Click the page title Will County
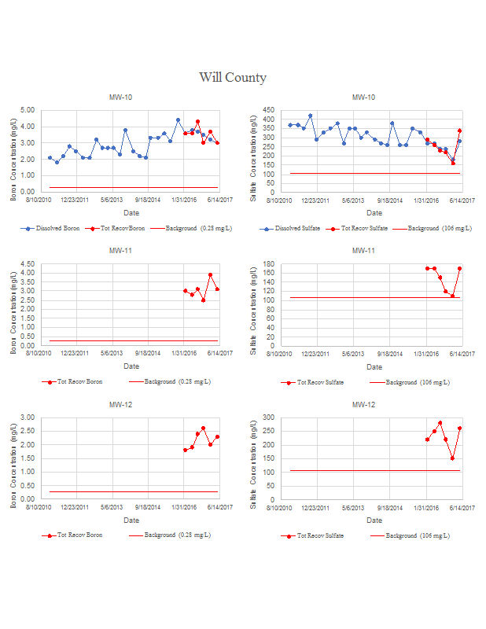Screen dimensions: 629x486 point(233,77)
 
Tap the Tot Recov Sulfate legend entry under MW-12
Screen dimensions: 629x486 point(319,535)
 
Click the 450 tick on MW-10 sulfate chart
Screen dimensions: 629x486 point(267,110)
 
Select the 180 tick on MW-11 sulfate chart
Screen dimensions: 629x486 point(267,263)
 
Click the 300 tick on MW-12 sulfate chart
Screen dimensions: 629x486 point(267,417)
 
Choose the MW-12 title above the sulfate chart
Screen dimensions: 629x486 point(363,404)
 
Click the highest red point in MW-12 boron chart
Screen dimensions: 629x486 point(203,429)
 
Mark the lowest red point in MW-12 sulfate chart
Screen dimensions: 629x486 point(452,458)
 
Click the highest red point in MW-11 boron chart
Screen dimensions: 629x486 point(210,274)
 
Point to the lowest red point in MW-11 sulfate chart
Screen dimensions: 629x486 point(452,296)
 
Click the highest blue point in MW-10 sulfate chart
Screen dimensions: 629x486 point(310,116)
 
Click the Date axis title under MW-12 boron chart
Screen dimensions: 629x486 point(131,520)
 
